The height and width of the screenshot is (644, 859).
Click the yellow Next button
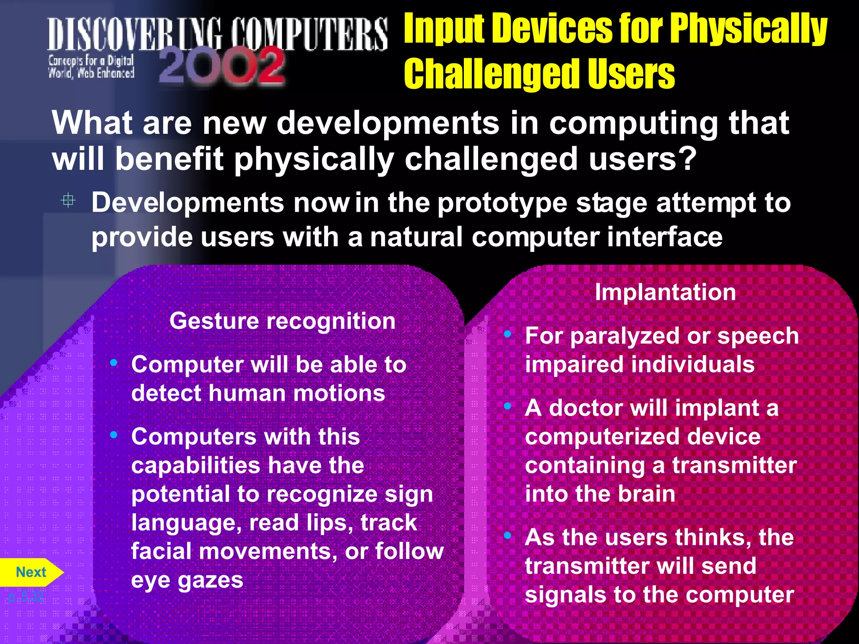[31, 572]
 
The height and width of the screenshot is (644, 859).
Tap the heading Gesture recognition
[282, 321]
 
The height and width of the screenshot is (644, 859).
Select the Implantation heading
[665, 292]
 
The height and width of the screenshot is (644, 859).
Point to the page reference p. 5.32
[26, 597]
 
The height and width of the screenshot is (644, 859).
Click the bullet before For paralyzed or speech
[508, 334]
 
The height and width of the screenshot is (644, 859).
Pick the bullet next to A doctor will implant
[508, 406]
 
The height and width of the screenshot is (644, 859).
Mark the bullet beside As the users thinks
[508, 535]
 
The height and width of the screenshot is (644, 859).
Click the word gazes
[210, 581]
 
